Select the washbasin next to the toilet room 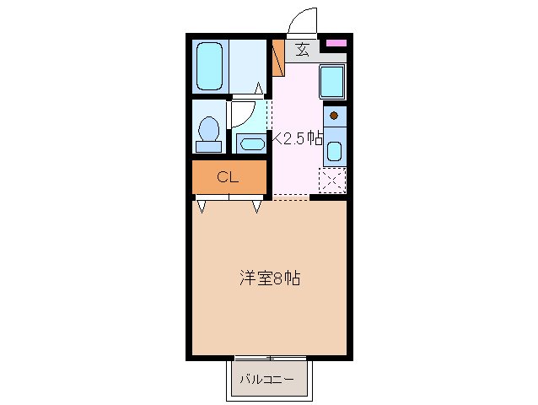pos(251,143)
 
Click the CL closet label pos(228,177)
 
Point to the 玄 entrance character pos(302,49)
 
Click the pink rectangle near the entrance pos(336,43)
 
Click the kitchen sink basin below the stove pos(334,153)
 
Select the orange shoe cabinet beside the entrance pos(277,57)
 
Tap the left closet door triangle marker pos(202,205)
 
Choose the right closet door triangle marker pos(256,205)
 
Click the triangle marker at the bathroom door pos(260,86)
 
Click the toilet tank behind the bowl pos(208,147)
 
